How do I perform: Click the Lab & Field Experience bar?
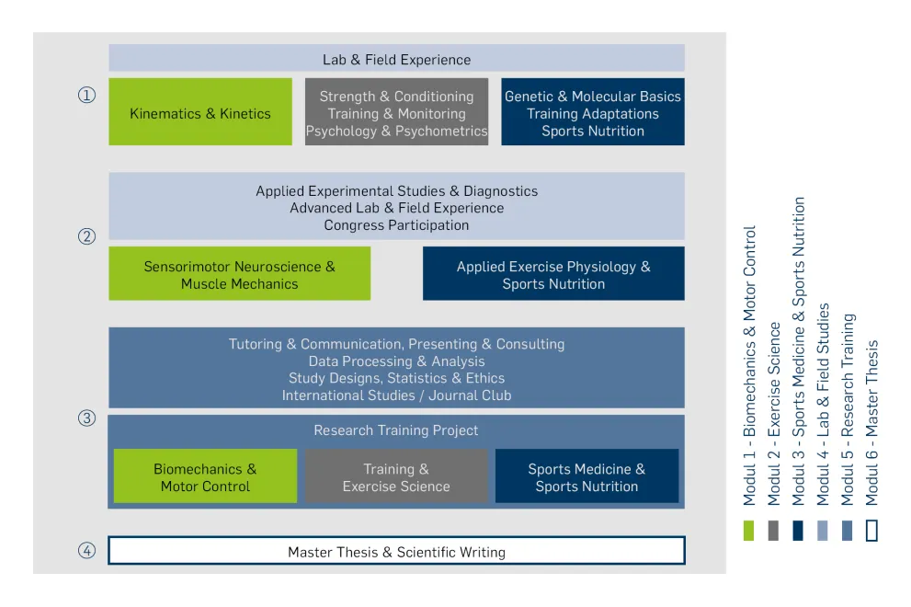[x=396, y=59]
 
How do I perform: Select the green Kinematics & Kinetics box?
[x=200, y=113]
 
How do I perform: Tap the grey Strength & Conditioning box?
[x=396, y=113]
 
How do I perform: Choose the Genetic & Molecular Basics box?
[x=593, y=113]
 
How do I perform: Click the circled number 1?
[x=86, y=95]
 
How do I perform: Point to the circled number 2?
[x=86, y=236]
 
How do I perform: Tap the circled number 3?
[x=86, y=418]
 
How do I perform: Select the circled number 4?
[x=86, y=552]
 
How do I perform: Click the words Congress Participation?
[x=396, y=225]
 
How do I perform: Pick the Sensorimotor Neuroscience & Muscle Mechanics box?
[x=239, y=274]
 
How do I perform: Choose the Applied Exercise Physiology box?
[x=553, y=274]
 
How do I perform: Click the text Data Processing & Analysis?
[x=396, y=361]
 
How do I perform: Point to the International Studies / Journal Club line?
[x=396, y=395]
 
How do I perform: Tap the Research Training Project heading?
[x=396, y=430]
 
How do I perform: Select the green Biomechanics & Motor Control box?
[x=205, y=477]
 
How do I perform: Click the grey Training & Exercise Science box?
[x=396, y=477]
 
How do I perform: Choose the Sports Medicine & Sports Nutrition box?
[x=586, y=477]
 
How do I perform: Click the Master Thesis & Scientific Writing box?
[x=396, y=552]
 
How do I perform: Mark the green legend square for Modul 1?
[x=749, y=531]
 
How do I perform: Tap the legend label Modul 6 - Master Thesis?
[x=871, y=423]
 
